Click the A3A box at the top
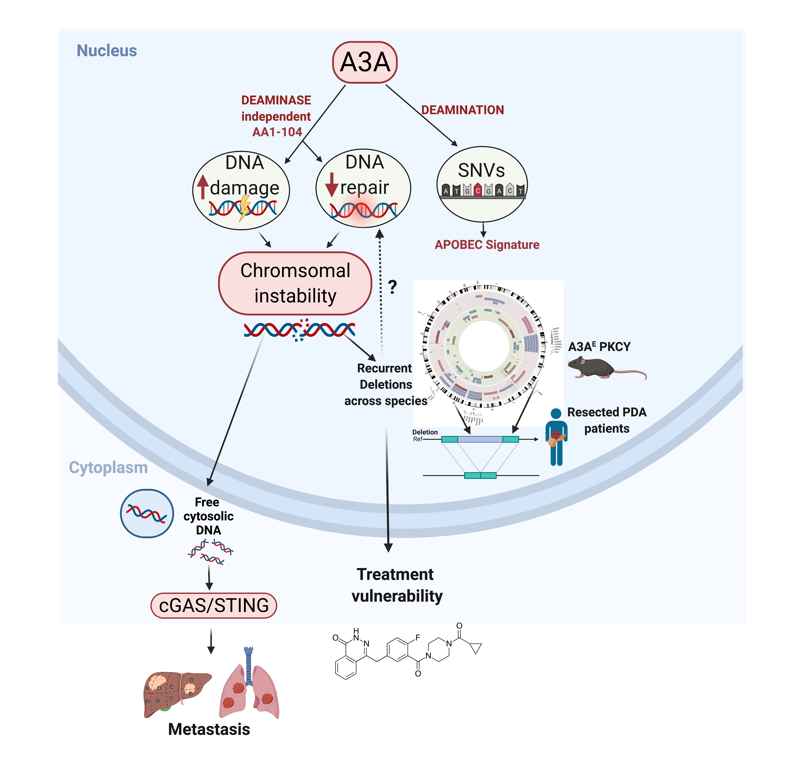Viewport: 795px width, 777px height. pyautogui.click(x=365, y=62)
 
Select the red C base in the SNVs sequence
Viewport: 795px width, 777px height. pyautogui.click(x=478, y=190)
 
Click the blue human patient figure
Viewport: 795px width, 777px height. pyautogui.click(x=556, y=437)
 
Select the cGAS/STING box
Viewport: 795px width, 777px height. pyautogui.click(x=214, y=605)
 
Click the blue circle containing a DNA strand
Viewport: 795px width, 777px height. pyautogui.click(x=147, y=513)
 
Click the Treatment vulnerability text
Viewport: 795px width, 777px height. pyautogui.click(x=397, y=585)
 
